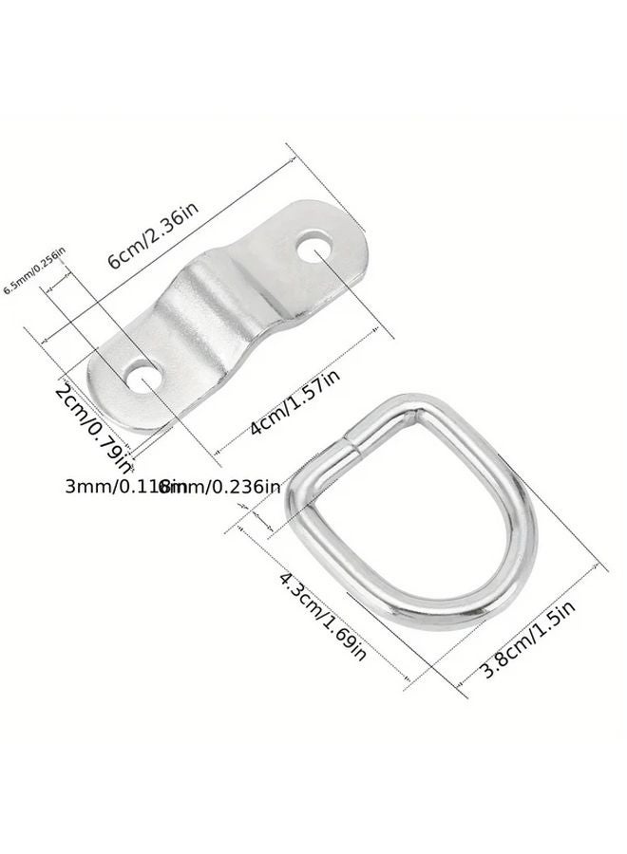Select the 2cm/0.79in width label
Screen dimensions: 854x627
point(93,428)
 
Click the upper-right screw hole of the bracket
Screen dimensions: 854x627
point(312,250)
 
